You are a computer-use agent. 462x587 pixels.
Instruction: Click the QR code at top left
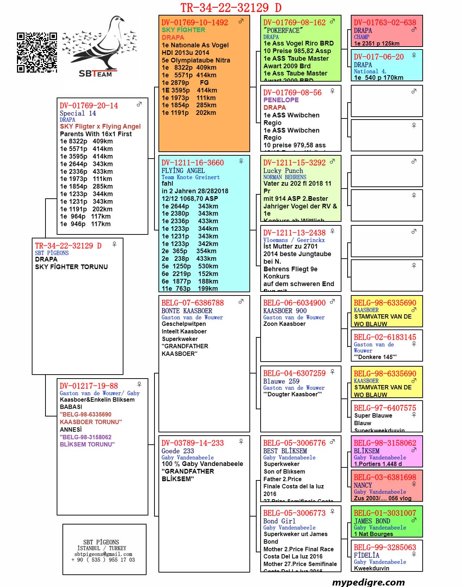point(37,52)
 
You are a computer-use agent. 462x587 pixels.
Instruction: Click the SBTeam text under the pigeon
point(95,74)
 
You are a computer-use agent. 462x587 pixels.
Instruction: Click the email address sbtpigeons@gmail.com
point(103,554)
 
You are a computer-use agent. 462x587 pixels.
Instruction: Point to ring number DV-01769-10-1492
point(195,22)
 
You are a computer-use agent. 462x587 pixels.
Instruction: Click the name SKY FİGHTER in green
point(183,30)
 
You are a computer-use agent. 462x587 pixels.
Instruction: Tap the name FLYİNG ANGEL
point(183,171)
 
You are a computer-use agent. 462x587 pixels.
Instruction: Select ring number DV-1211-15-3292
point(294,163)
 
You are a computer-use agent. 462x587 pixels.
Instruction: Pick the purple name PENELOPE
point(281,100)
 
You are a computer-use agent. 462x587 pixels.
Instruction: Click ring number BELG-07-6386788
point(192,303)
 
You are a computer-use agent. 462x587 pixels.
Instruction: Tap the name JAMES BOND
point(372,521)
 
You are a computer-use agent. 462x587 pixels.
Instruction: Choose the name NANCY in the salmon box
point(363,485)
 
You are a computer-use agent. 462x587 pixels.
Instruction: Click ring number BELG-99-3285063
point(385,548)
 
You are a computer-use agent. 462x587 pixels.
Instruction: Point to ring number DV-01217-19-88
point(89,386)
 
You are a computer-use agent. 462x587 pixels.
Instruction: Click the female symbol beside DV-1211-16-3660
point(241,161)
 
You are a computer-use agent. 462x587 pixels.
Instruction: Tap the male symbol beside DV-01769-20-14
point(139,104)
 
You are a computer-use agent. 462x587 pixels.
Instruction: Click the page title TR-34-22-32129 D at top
point(231,7)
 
